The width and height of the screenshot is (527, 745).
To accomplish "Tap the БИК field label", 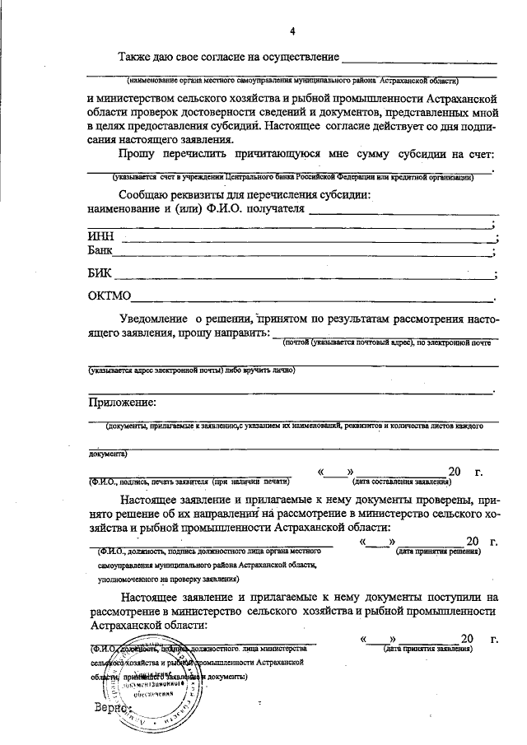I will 100,273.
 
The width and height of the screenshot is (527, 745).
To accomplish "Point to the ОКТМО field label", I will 110,296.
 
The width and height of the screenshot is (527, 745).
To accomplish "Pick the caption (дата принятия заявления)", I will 428,649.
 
